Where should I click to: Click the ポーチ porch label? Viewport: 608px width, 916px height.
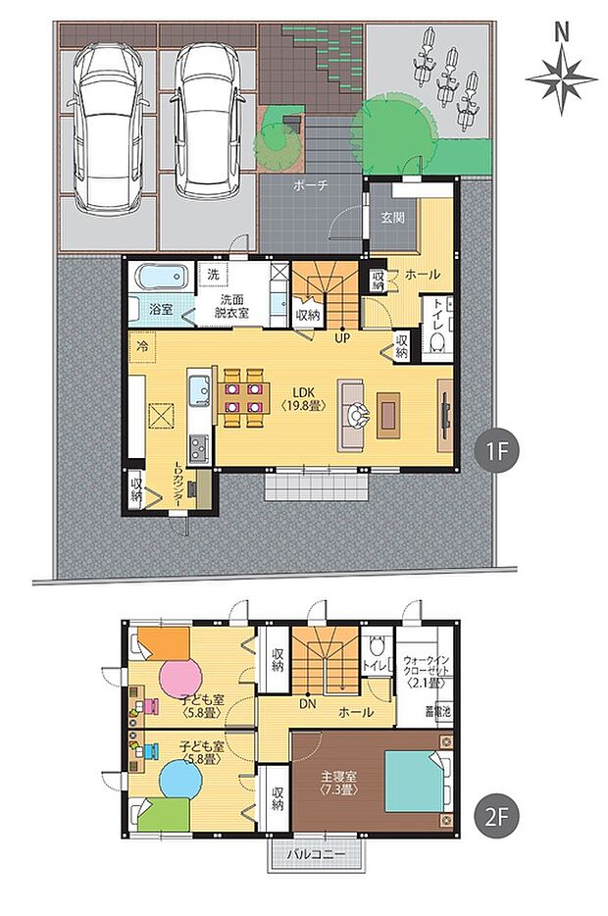(310, 185)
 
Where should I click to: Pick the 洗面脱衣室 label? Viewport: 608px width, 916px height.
(232, 306)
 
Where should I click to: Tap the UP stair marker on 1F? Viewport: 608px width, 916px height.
(342, 338)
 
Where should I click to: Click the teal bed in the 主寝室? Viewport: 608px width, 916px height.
(412, 781)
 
